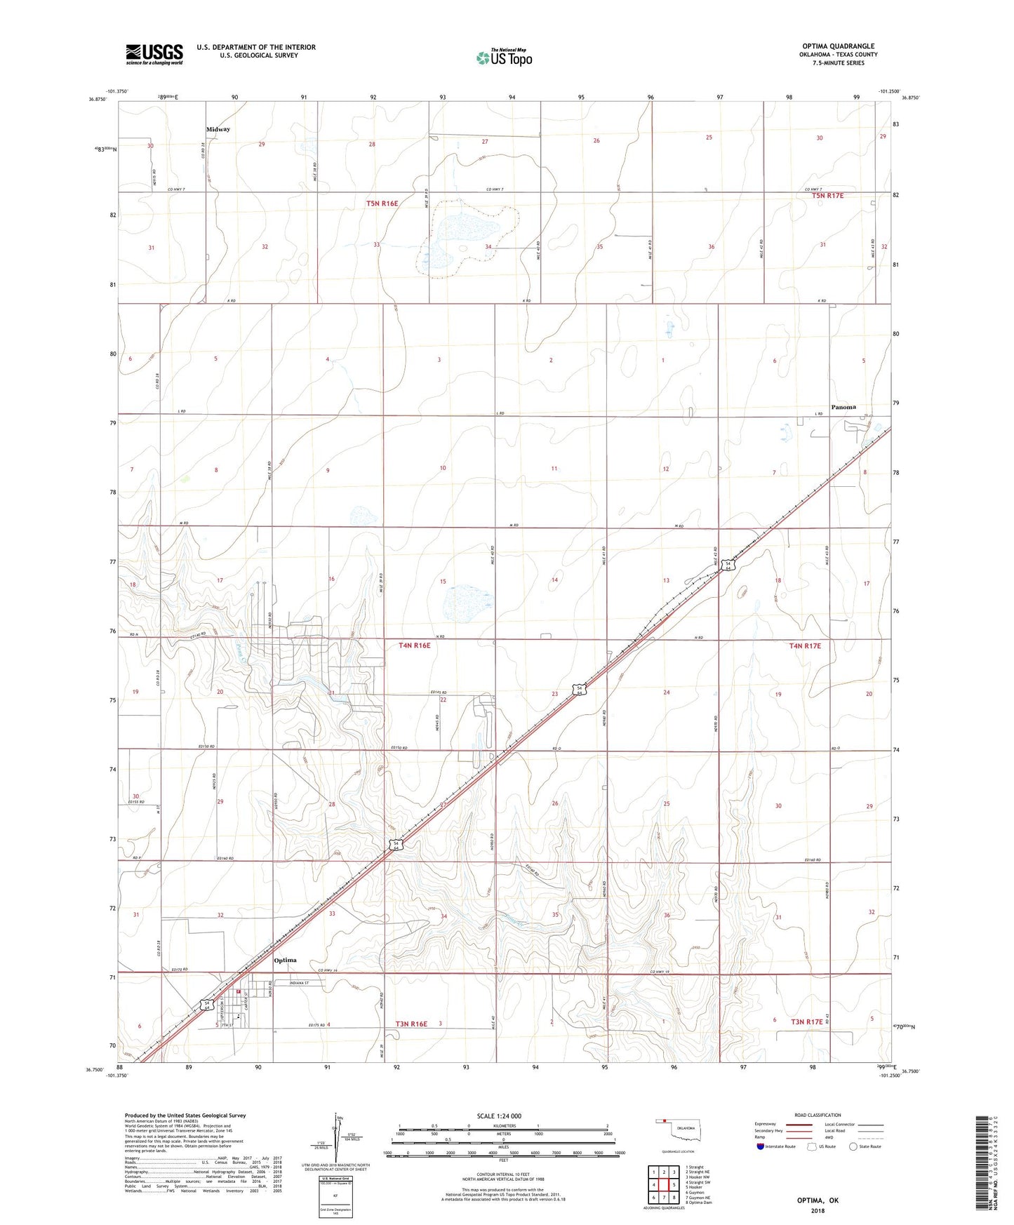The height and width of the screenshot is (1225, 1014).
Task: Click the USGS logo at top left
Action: [154, 53]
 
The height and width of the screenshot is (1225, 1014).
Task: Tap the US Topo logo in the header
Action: [503, 58]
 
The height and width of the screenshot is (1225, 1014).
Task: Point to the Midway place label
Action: [218, 130]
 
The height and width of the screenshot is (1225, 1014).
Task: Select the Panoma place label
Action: [843, 407]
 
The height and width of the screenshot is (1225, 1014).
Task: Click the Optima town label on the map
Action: [285, 960]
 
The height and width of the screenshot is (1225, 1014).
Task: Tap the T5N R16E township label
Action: [382, 203]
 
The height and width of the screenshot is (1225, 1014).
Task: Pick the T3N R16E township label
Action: [411, 1024]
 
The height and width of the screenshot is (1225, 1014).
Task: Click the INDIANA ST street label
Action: [294, 983]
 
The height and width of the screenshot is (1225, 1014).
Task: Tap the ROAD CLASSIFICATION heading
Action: [818, 1115]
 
